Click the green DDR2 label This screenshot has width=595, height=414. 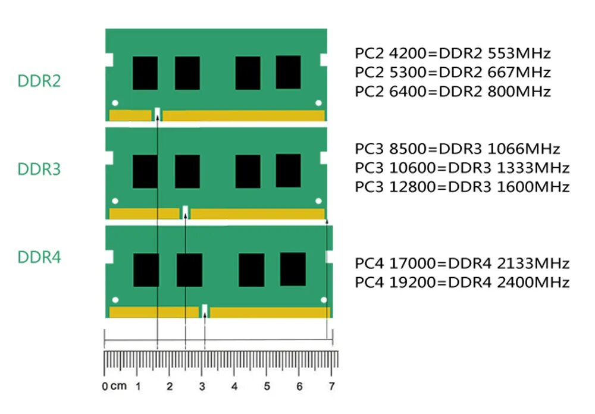39,81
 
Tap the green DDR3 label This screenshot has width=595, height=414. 39,170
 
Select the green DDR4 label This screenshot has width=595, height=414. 39,258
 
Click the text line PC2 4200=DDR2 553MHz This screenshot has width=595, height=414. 453,54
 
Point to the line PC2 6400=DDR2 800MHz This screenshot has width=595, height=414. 453,92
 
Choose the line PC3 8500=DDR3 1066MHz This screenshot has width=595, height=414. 458,149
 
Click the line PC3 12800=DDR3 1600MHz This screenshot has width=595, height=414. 462,187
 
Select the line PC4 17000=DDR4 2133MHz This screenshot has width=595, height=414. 462,263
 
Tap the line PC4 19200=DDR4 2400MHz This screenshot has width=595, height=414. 462,282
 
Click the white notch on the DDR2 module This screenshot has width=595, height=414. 157,114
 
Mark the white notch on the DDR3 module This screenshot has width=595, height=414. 186,212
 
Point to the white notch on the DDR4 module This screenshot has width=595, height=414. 205,311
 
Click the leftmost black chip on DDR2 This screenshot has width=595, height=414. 145,73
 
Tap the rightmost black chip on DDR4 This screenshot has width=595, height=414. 292,269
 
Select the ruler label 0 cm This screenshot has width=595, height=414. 114,386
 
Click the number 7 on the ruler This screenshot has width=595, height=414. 331,386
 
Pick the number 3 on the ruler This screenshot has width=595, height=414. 202,386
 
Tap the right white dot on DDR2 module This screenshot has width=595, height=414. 318,102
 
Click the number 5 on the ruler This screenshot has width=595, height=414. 267,386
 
